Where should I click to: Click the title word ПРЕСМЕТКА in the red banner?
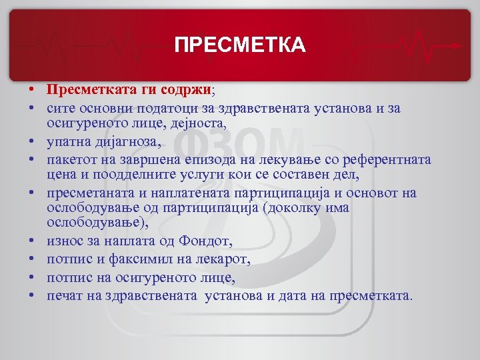(240, 45)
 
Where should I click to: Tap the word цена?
(60, 176)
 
